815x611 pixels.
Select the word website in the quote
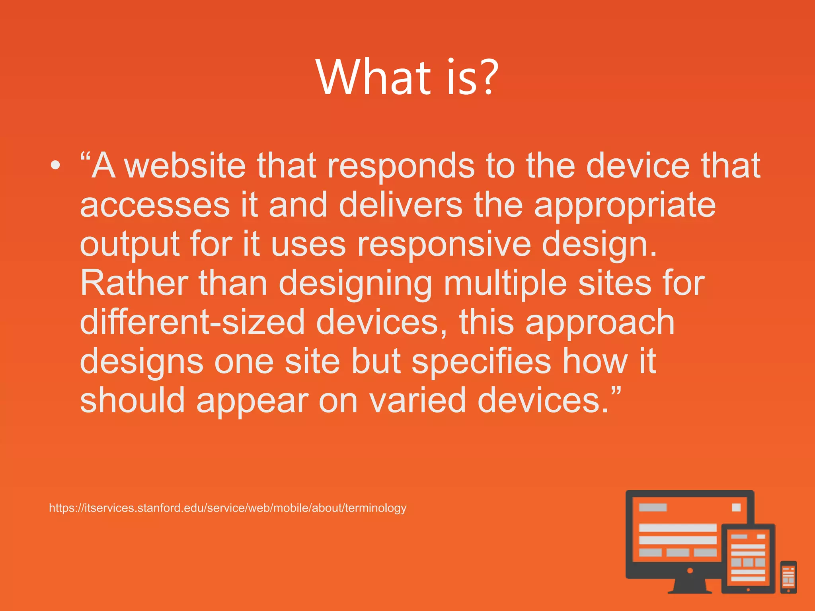point(185,165)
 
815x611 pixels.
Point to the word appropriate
point(625,206)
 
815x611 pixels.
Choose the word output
point(130,245)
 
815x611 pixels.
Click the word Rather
point(134,283)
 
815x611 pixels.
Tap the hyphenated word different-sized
point(193,322)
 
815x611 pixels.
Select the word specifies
point(481,362)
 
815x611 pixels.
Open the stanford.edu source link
point(228,508)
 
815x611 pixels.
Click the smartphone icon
point(788,577)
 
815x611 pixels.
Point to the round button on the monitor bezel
point(690,570)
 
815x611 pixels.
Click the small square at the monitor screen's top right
point(736,507)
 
